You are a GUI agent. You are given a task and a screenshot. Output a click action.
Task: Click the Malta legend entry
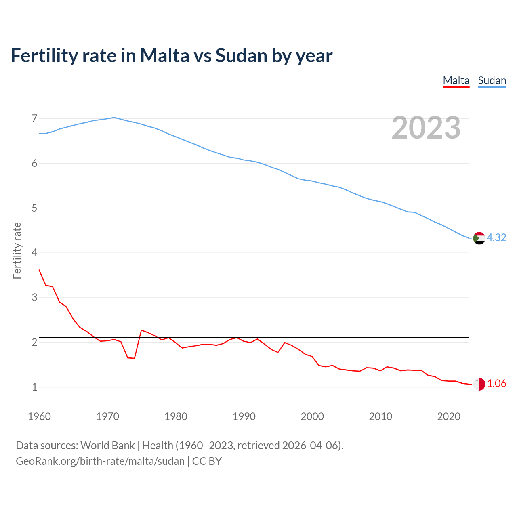[x=456, y=80]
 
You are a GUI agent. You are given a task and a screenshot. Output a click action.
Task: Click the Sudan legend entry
[x=492, y=80]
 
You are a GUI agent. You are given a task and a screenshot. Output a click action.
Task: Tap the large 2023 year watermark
[x=426, y=128]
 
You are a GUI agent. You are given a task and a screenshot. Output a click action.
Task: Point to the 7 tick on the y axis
[x=34, y=118]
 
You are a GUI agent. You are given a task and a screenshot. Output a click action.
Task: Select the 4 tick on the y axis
[x=34, y=253]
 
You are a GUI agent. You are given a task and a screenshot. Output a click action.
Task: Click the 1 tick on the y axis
[x=34, y=387]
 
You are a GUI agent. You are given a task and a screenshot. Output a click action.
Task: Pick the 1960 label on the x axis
[x=39, y=416]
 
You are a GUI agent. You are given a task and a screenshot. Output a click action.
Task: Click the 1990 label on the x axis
[x=244, y=416]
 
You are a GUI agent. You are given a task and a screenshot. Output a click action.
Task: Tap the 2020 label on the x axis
[x=449, y=416]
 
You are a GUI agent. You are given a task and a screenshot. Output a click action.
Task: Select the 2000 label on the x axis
[x=312, y=416]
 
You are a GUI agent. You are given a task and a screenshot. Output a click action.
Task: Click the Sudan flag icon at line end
[x=479, y=238]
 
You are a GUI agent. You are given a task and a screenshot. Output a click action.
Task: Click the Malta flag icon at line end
[x=479, y=384]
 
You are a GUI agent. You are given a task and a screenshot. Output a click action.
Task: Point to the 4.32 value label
[x=496, y=237]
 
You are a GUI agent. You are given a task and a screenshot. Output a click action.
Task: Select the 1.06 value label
[x=496, y=383]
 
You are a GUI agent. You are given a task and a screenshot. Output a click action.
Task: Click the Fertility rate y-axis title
[x=17, y=250]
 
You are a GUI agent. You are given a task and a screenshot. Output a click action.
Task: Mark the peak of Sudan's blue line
[x=114, y=118]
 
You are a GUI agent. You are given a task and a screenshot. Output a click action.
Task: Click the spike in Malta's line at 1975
[x=141, y=330]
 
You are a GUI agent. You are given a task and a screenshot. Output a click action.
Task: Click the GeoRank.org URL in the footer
[x=100, y=461]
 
